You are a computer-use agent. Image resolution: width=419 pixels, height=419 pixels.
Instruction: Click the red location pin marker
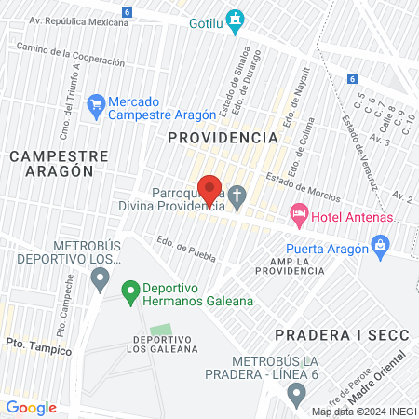(210, 189)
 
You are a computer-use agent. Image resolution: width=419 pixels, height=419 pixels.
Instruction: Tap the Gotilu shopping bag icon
(236, 18)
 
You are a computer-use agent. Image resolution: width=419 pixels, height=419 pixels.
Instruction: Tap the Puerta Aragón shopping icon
(380, 245)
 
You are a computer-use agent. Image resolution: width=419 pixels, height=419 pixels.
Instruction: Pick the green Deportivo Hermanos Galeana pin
(130, 292)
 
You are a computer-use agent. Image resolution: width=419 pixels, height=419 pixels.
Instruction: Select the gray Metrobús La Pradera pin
(297, 396)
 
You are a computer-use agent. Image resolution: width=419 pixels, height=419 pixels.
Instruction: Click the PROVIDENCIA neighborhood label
(223, 137)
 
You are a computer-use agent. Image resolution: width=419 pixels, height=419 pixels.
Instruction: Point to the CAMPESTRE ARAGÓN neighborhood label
(60, 163)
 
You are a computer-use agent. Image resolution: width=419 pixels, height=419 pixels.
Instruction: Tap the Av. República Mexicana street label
(78, 20)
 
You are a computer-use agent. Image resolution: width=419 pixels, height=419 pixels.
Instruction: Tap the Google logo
(31, 407)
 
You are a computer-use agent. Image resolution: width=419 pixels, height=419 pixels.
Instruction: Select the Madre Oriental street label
(382, 371)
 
